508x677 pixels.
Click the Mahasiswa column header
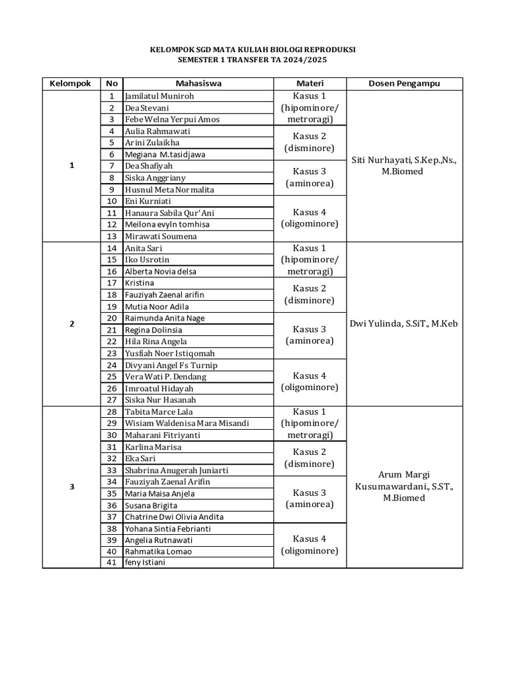(198, 83)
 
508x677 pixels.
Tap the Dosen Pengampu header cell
(404, 83)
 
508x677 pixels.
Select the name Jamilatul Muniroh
(159, 96)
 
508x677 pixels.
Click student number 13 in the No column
(112, 236)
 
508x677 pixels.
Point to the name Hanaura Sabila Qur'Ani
(169, 213)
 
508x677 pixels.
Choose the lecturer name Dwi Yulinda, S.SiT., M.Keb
(404, 324)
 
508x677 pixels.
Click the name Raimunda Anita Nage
(165, 318)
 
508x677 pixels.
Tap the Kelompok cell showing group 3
(71, 487)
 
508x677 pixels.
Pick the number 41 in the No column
(112, 563)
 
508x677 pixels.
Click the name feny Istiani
(145, 563)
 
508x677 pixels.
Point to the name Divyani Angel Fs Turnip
(171, 365)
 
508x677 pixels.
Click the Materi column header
(310, 83)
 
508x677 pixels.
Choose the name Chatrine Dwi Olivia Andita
(174, 516)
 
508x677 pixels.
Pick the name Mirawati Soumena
(161, 236)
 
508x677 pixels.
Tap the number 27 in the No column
(112, 400)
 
